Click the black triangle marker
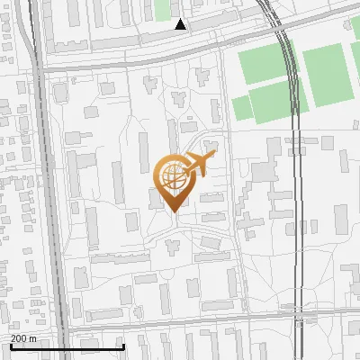pyautogui.click(x=181, y=24)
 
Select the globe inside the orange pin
pyautogui.click(x=172, y=175)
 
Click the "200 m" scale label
pyautogui.click(x=23, y=338)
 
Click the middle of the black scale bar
pyautogui.click(x=67, y=346)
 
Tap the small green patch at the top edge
pyautogui.click(x=162, y=9)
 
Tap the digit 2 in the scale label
pyautogui.click(x=13, y=338)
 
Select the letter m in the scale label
pyautogui.click(x=33, y=338)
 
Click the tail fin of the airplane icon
pyautogui.click(x=186, y=168)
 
